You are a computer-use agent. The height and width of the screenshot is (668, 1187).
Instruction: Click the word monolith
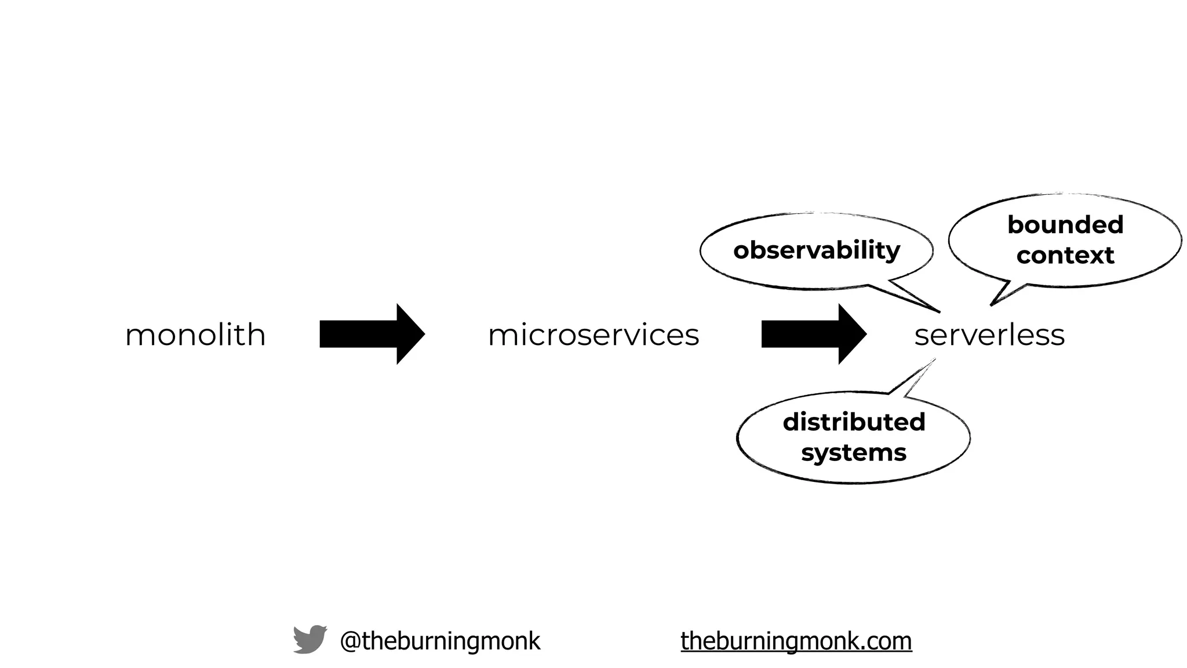195,335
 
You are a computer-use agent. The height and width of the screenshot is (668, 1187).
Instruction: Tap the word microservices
593,335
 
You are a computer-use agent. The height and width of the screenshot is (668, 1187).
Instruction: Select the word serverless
989,335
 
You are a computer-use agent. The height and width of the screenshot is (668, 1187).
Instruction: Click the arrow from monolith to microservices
371,334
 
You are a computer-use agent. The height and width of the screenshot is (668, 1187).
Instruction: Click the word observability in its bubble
816,251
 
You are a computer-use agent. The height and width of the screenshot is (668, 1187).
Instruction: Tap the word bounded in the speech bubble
1065,225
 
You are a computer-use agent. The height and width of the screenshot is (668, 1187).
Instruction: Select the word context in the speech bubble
1065,256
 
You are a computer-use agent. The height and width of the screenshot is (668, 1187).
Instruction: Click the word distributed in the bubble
854,422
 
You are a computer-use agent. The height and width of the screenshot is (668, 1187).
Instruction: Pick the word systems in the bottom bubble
854,453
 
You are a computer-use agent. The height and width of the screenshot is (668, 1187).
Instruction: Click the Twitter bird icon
310,640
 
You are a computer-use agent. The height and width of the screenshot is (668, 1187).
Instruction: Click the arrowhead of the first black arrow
412,334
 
